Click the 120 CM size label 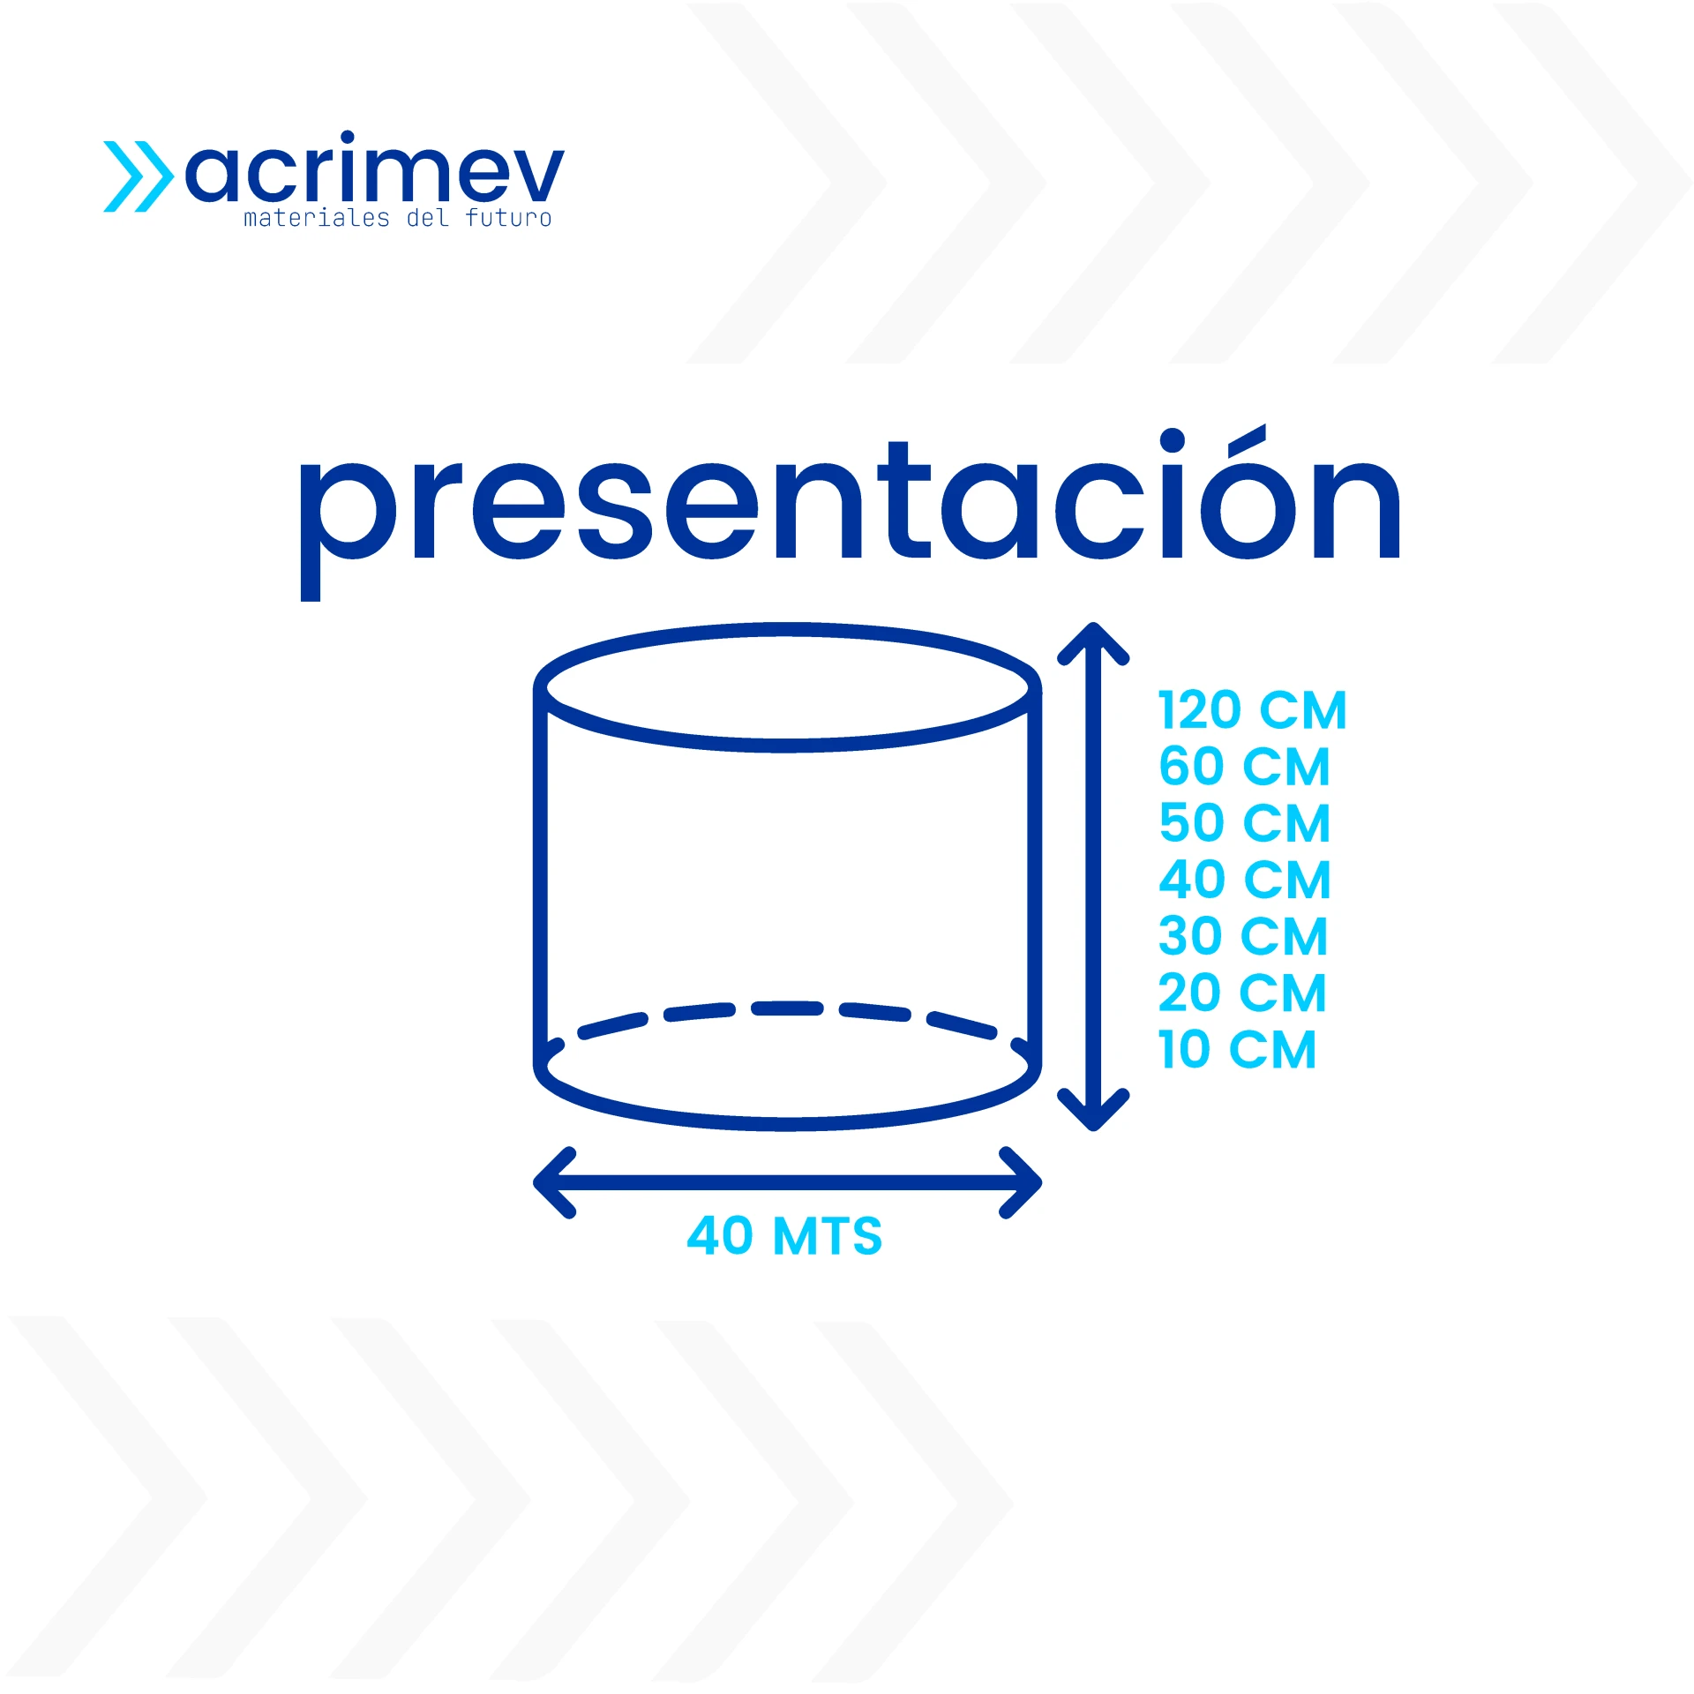pyautogui.click(x=1252, y=711)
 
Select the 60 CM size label pyautogui.click(x=1244, y=767)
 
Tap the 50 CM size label pyautogui.click(x=1244, y=824)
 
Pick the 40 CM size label pyautogui.click(x=1244, y=881)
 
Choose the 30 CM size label pyautogui.click(x=1242, y=937)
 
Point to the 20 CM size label pyautogui.click(x=1241, y=993)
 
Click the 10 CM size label pyautogui.click(x=1237, y=1050)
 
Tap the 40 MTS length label pyautogui.click(x=784, y=1235)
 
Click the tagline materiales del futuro pyautogui.click(x=397, y=218)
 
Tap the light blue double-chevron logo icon pyautogui.click(x=139, y=176)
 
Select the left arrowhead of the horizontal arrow pyautogui.click(x=554, y=1182)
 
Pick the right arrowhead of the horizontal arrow pyautogui.click(x=1022, y=1182)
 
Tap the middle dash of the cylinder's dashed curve pyautogui.click(x=787, y=1008)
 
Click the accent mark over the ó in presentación pyautogui.click(x=1247, y=438)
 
